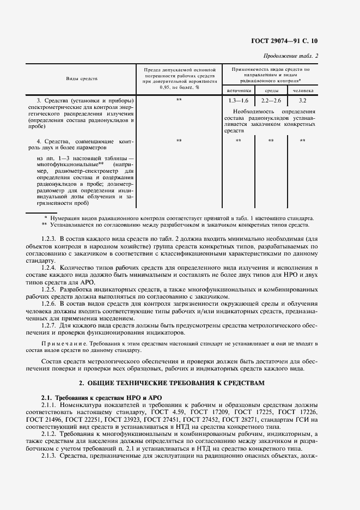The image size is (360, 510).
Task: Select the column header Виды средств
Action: click(x=82, y=79)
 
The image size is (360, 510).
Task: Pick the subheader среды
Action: click(x=272, y=90)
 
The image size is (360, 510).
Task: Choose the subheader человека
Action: click(x=303, y=90)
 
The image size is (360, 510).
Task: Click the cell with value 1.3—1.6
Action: click(x=239, y=101)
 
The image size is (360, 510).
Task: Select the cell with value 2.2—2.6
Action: click(x=271, y=101)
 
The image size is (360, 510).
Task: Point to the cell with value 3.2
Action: click(x=303, y=101)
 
